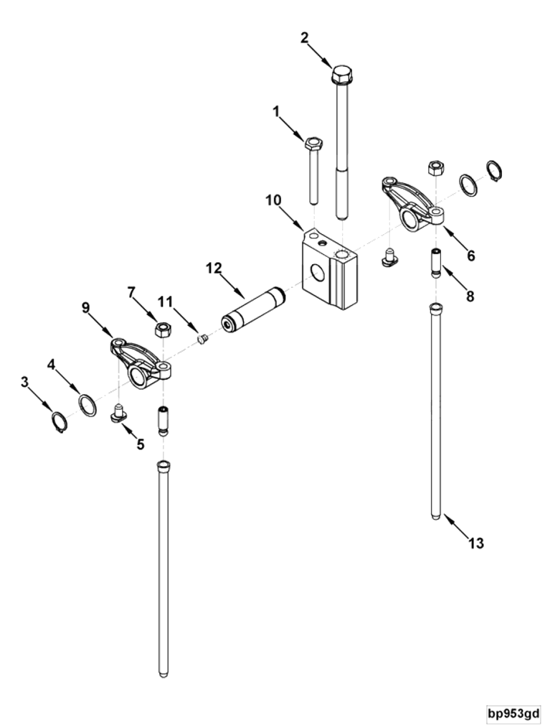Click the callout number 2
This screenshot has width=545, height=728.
(304, 37)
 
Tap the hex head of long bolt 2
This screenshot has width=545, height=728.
(341, 75)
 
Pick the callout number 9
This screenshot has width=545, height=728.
(86, 308)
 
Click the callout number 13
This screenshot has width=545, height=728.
(476, 543)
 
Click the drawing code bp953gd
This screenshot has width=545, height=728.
(513, 714)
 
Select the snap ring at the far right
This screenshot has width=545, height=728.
(493, 172)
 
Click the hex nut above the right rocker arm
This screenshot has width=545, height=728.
(435, 167)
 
